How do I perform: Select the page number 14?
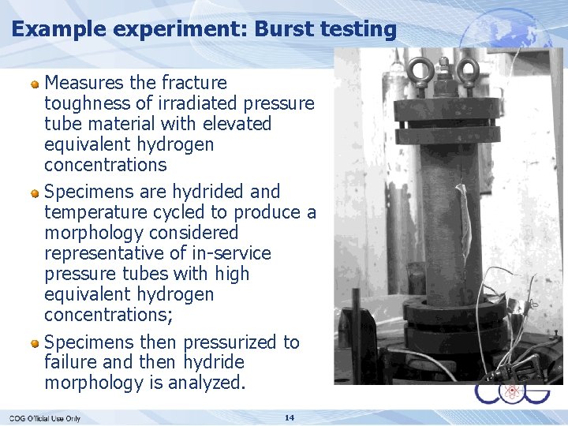coord(290,417)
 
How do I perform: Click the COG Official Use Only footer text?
coord(45,418)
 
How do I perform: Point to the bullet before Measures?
coord(35,83)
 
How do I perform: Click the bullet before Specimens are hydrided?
coord(35,192)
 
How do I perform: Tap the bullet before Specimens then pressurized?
coord(35,342)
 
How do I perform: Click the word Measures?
coord(85,83)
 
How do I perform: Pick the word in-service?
coord(231,253)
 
